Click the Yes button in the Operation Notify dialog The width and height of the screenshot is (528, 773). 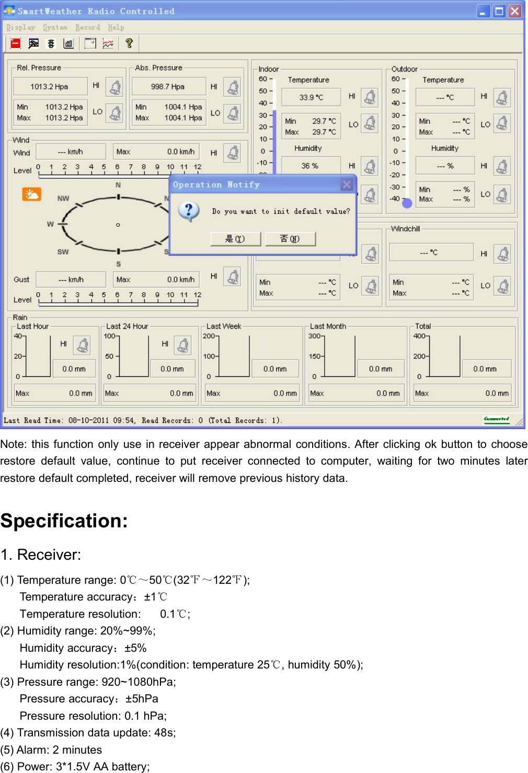(x=235, y=239)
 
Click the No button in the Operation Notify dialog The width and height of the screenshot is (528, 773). (x=290, y=239)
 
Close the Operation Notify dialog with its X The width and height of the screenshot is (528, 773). (x=346, y=184)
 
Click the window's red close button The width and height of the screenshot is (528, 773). (x=515, y=11)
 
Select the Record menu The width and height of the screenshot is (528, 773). (x=87, y=28)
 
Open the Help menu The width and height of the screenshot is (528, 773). (x=116, y=28)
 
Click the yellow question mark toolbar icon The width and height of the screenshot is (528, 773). (x=129, y=43)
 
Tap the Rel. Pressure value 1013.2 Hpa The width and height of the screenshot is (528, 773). (x=49, y=87)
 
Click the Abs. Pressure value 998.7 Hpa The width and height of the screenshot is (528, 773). (x=167, y=87)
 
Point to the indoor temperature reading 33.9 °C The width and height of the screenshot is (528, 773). (x=311, y=97)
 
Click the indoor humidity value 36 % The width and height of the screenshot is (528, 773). (x=309, y=166)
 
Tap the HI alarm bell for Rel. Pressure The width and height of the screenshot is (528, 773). (x=114, y=87)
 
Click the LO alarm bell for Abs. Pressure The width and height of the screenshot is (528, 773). (x=232, y=113)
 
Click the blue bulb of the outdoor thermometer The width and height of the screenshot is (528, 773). (x=407, y=203)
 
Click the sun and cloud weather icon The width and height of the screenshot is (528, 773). (x=31, y=194)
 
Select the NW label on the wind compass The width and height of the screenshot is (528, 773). (x=63, y=199)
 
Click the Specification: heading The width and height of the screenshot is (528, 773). (x=64, y=521)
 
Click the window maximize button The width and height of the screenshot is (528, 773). (x=499, y=11)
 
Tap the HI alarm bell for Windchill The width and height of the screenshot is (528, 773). (x=502, y=255)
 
